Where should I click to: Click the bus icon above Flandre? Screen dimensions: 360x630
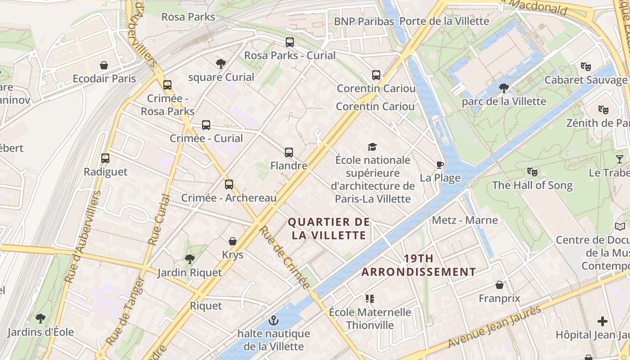(289, 153)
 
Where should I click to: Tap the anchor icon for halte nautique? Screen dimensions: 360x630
(273, 320)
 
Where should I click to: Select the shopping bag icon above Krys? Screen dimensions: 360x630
(233, 241)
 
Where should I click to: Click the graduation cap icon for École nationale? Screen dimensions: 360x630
(372, 147)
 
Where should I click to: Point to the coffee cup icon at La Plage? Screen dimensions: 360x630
(440, 165)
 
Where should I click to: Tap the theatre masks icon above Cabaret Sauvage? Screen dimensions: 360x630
(585, 67)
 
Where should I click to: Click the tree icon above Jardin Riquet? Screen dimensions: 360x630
(190, 259)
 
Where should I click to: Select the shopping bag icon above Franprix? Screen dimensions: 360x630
(499, 285)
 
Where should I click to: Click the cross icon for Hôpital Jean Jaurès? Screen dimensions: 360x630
(603, 321)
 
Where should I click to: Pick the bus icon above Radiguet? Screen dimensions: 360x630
(105, 158)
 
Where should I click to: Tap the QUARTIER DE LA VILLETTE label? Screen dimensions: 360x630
(329, 229)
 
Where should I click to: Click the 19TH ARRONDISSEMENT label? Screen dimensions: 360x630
(418, 265)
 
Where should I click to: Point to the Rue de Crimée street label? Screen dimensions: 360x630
(285, 257)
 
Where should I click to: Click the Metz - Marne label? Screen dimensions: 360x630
(465, 220)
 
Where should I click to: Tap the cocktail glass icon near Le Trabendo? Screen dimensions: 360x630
(620, 159)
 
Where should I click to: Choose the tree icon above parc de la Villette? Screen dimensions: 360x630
(504, 88)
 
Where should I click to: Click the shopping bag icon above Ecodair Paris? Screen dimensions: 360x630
(104, 65)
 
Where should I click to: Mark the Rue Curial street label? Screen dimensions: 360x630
(160, 220)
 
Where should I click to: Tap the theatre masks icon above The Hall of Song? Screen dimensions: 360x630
(532, 171)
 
